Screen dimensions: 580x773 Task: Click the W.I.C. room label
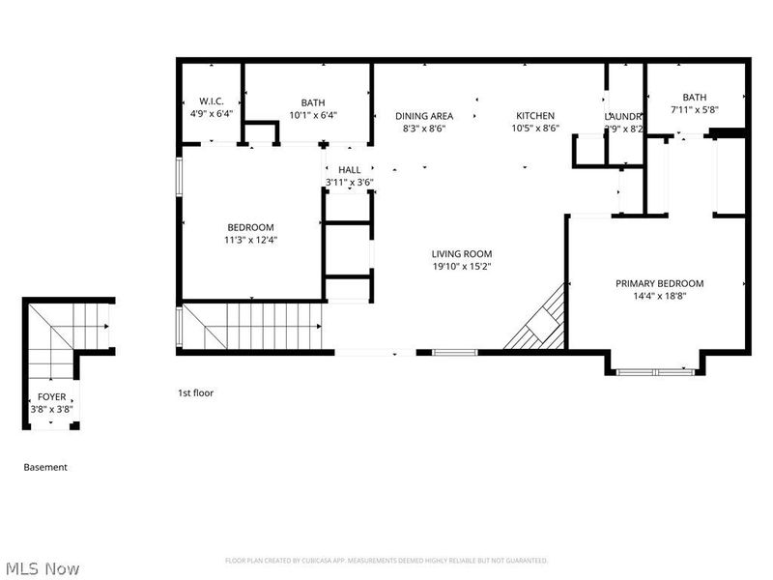212,101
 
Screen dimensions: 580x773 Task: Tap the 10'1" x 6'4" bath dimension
312,114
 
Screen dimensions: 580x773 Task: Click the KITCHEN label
534,116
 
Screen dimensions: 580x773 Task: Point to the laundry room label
624,116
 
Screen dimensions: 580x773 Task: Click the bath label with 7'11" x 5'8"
694,98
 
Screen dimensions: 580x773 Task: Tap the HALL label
349,170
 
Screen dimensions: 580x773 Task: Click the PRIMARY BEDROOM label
660,283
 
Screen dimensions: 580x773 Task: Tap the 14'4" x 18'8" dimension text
660,297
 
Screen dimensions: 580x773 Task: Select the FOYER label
51,397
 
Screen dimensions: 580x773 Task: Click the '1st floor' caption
195,393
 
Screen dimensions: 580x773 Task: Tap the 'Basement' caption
45,467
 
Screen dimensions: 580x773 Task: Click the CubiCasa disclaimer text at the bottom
386,561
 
